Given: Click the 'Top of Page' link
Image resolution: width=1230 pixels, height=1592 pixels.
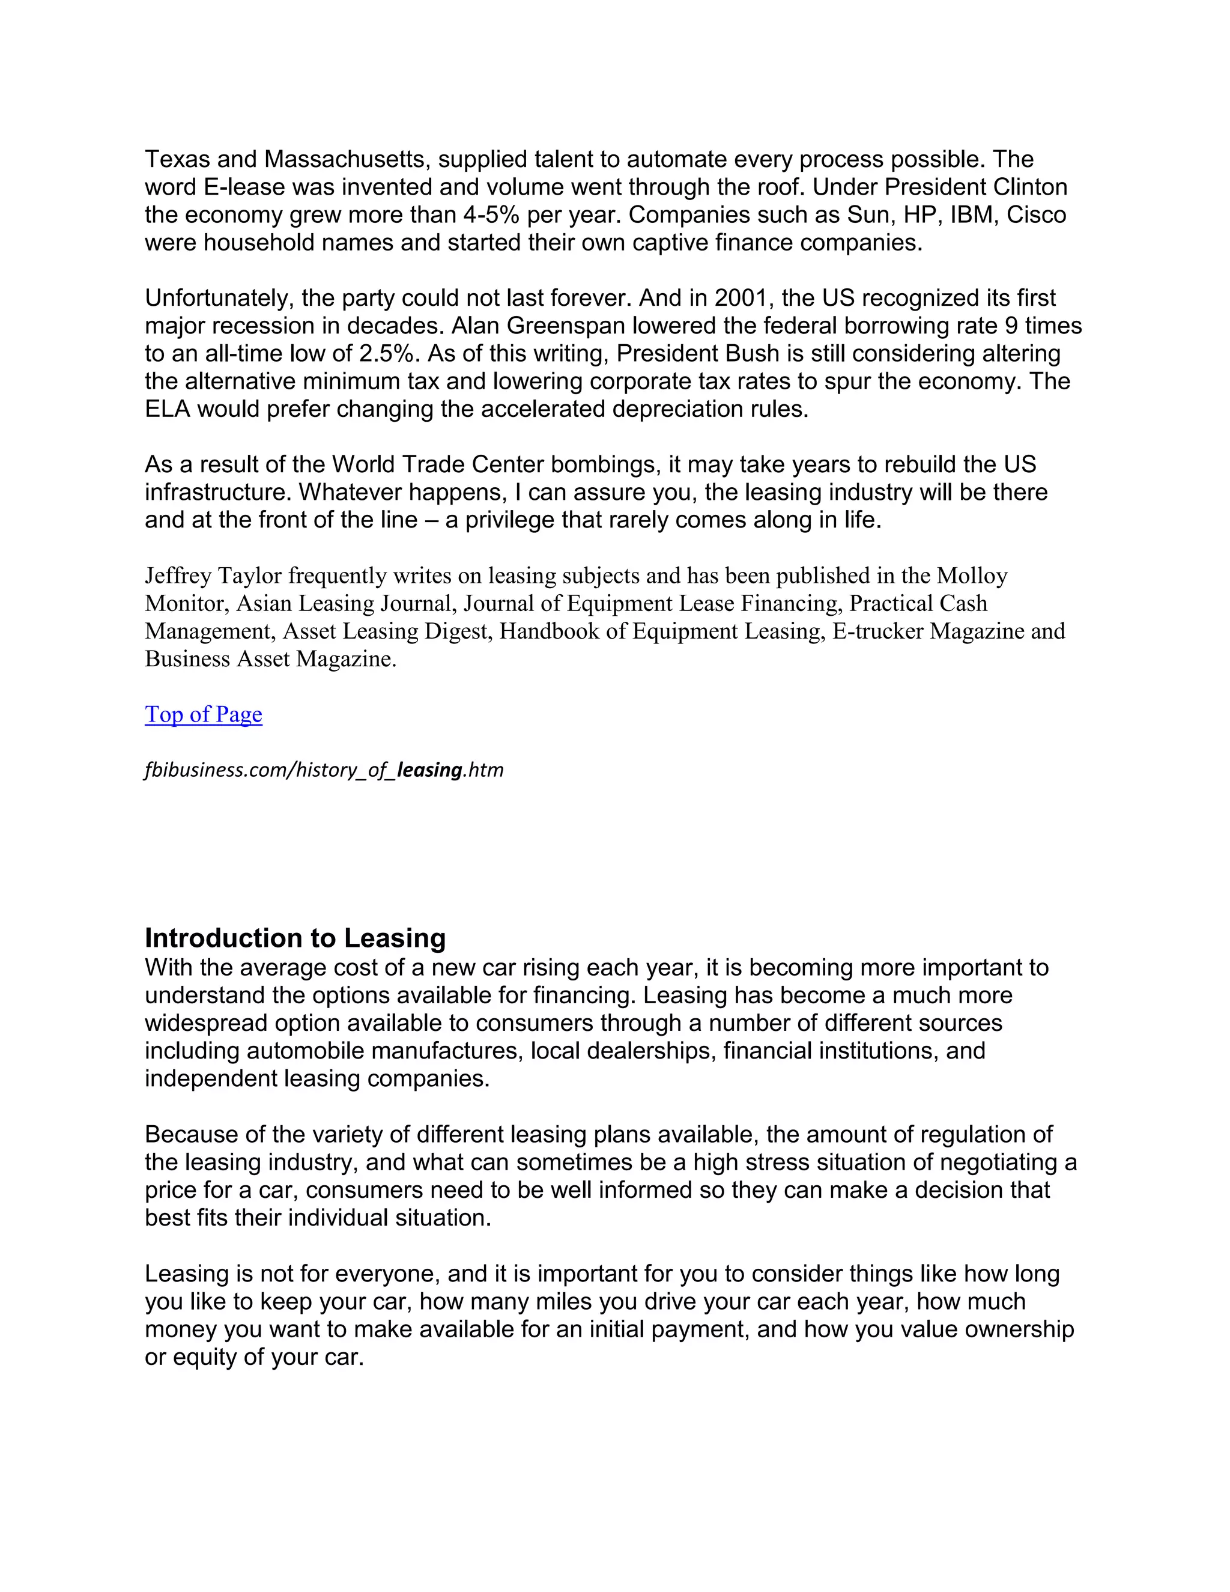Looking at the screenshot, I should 204,714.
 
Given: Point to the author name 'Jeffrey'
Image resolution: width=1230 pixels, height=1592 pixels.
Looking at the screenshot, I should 178,576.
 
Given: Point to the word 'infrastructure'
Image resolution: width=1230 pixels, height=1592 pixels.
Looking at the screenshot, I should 219,492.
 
